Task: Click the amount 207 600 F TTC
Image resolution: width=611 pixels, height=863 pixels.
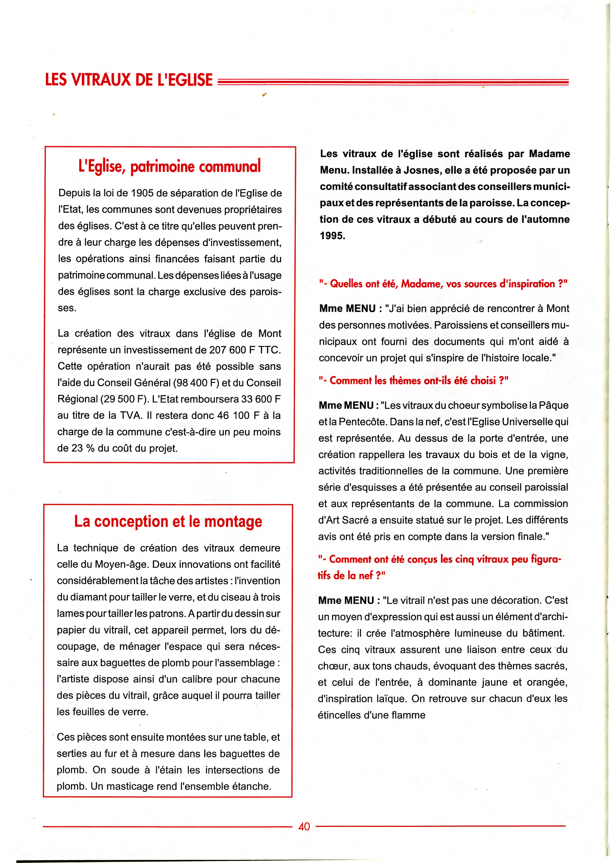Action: point(245,350)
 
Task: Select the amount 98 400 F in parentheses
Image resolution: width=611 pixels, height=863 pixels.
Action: point(196,383)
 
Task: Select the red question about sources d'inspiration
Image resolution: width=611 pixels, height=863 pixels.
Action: point(443,284)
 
